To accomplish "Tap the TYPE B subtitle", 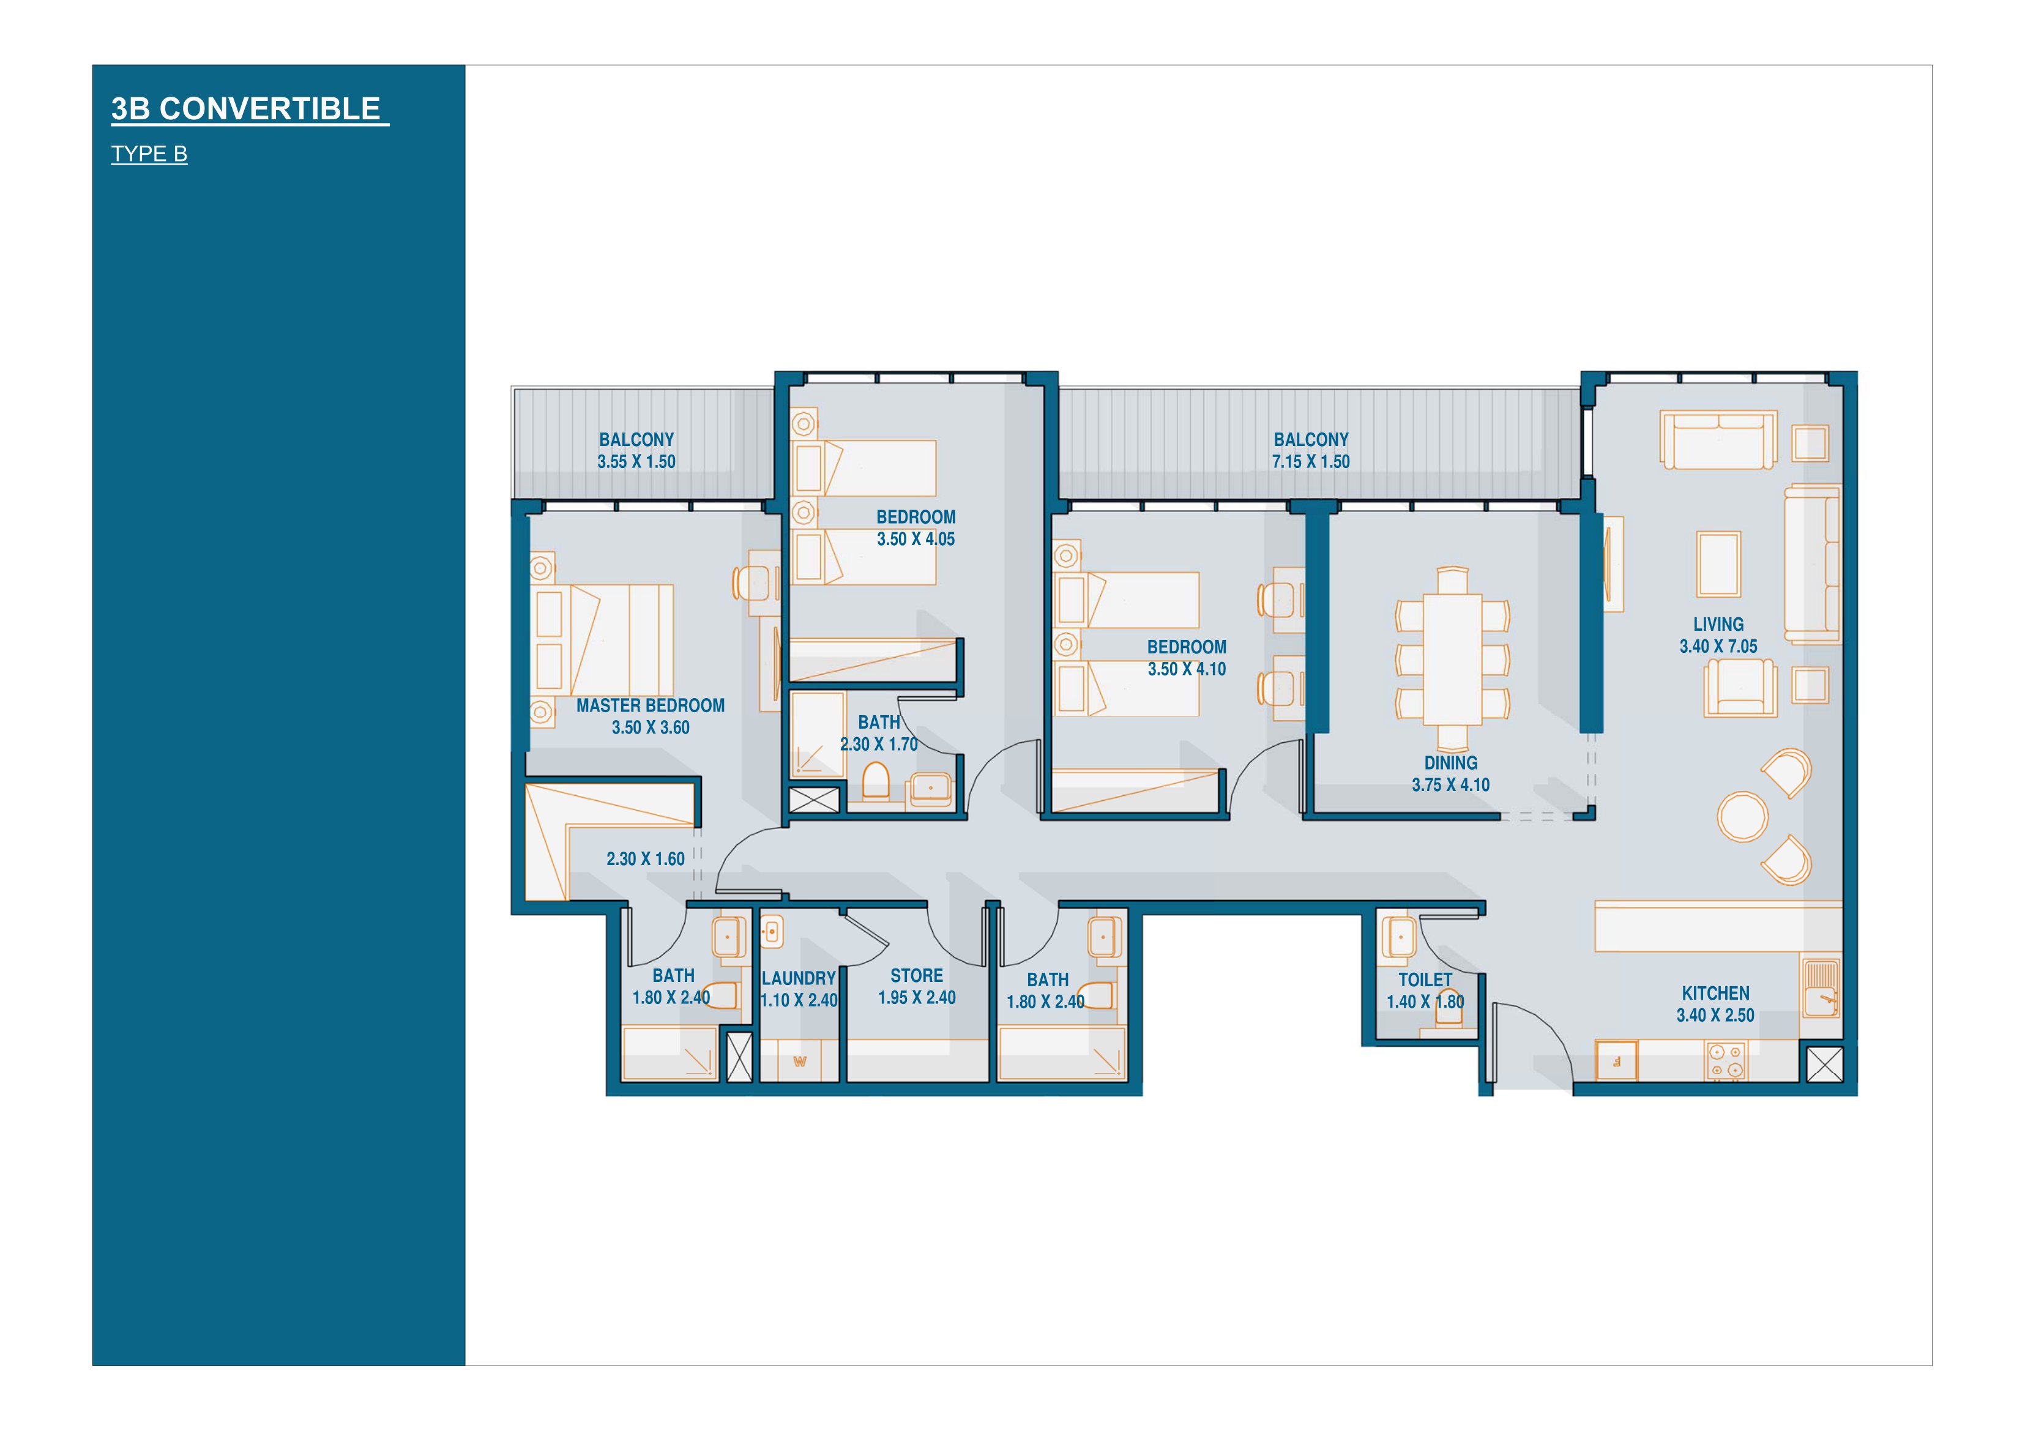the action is coord(149,154).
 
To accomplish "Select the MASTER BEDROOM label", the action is coord(651,705).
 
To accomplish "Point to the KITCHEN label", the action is coord(1715,994).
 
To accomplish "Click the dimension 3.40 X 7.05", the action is coord(1718,646).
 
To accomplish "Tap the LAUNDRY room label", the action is coord(798,979).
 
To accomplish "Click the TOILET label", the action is coord(1425,981).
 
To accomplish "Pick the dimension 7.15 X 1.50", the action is coord(1311,461).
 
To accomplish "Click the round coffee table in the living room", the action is coord(1743,817).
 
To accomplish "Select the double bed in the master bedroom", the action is coord(603,640).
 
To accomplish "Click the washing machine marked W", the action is coord(800,1061).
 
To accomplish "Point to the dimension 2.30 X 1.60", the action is coord(646,859).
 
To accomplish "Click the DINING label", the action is coord(1451,764).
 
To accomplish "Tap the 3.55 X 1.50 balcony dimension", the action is coord(636,461).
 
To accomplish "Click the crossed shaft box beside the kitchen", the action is coord(1825,1064).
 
